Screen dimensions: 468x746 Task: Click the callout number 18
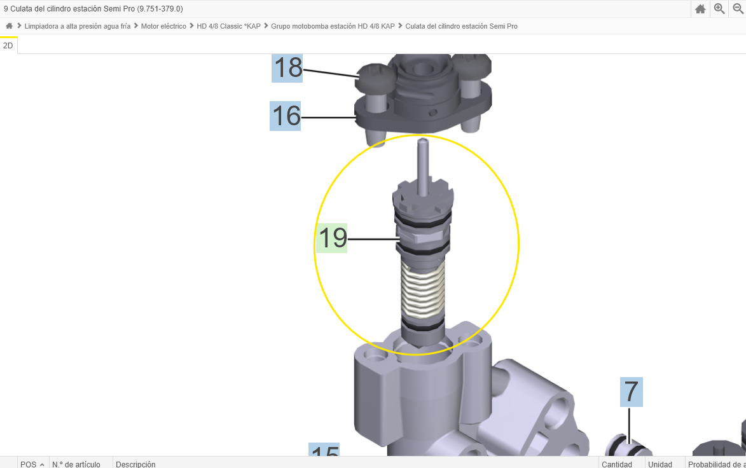pos(287,67)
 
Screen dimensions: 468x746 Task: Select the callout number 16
pos(285,116)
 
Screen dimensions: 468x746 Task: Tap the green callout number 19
pos(332,238)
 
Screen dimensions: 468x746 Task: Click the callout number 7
pos(631,392)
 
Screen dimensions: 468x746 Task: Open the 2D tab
pos(8,46)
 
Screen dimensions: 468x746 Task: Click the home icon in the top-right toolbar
pos(700,9)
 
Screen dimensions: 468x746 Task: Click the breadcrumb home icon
pos(9,26)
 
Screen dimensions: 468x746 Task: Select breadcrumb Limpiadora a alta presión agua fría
pos(77,26)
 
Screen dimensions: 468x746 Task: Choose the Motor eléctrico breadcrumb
pos(163,26)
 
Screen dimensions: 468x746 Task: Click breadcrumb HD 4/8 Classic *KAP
pos(228,26)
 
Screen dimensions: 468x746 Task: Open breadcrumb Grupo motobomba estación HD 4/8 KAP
pos(333,26)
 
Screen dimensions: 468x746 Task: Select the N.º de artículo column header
pos(76,464)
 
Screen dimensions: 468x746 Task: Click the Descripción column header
pos(135,464)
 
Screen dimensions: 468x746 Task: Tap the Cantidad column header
pos(616,464)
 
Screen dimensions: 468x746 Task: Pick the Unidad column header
pos(660,464)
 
